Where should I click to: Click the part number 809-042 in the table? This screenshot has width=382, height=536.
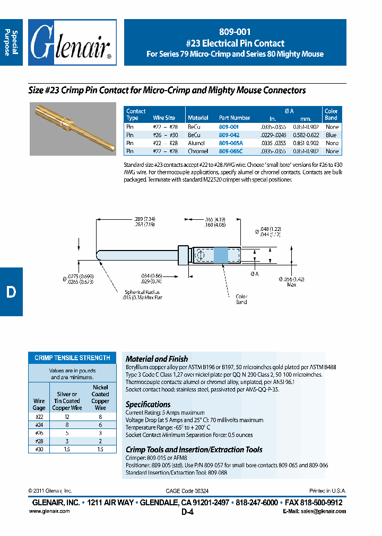pos(229,135)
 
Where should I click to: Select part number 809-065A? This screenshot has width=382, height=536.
pos(230,143)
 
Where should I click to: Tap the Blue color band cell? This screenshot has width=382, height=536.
pos(332,135)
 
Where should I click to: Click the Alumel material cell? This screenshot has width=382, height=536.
pos(197,143)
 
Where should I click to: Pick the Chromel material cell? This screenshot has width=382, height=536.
pos(198,151)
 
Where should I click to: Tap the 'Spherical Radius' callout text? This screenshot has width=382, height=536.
pos(142,294)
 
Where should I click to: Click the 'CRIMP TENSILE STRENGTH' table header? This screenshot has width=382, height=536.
pos(72,358)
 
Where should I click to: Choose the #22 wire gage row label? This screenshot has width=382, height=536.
pos(39,418)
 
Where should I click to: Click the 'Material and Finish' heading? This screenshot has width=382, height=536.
pos(157,359)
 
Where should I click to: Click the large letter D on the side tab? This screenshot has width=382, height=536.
pos(11,292)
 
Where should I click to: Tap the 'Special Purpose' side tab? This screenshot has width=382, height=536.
pos(11,43)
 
